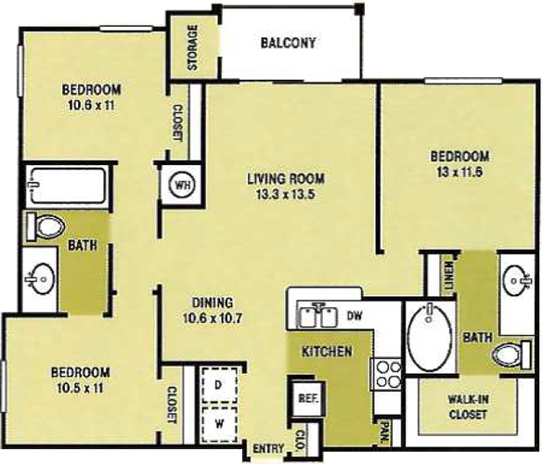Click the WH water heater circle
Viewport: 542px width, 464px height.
tap(183, 185)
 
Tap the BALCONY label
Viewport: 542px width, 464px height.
tap(288, 43)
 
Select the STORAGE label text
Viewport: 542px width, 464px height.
tap(192, 47)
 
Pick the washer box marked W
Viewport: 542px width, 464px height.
tap(220, 424)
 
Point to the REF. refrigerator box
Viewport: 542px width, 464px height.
tap(307, 399)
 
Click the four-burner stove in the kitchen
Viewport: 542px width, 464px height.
tap(386, 374)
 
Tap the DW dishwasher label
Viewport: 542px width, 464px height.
tap(354, 316)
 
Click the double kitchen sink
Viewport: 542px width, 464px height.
tap(318, 316)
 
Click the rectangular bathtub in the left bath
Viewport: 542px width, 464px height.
tap(68, 186)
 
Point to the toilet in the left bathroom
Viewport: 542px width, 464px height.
tap(45, 227)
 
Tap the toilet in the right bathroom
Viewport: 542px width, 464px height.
tap(512, 354)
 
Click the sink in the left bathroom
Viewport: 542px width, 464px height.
tap(40, 278)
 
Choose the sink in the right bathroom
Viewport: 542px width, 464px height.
tap(516, 280)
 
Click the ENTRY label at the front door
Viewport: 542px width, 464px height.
tap(268, 448)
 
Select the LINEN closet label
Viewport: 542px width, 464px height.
tap(448, 276)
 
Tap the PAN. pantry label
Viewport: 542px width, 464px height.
tap(384, 432)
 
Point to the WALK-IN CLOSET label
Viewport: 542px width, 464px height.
tap(468, 406)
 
